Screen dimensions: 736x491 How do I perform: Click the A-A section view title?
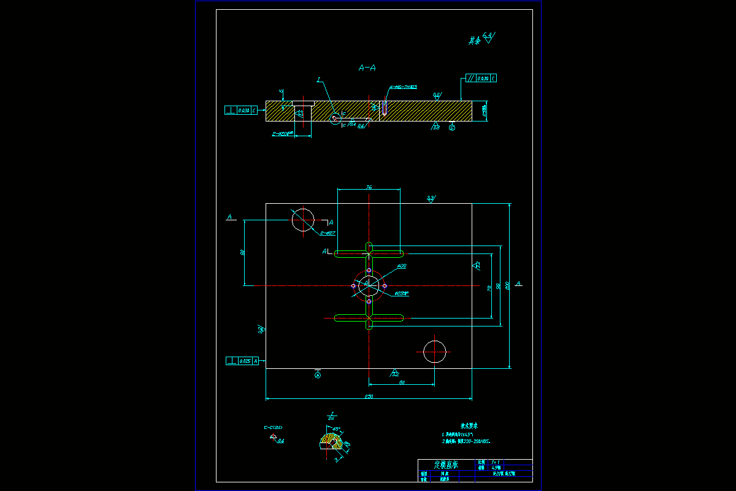(367, 68)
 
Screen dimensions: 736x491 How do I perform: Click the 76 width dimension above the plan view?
(369, 187)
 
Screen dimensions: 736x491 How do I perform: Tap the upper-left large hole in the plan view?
(302, 220)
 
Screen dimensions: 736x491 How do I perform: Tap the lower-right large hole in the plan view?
(435, 352)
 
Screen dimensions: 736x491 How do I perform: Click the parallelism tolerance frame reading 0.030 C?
(481, 78)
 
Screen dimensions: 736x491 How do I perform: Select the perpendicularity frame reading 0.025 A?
(243, 361)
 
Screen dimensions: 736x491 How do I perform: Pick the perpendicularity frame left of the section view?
(241, 110)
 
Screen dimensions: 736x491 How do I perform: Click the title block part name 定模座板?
(447, 465)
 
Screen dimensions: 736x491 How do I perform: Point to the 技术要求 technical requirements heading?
(469, 425)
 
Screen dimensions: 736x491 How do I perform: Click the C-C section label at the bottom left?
(273, 427)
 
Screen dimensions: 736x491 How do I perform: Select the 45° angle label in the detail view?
(336, 429)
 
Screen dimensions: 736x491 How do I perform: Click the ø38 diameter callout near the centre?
(402, 266)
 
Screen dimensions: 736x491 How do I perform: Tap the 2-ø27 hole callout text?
(327, 233)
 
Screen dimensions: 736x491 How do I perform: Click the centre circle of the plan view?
(369, 285)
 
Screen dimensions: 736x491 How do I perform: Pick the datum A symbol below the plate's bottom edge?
(318, 375)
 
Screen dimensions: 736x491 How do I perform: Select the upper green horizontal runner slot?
(369, 253)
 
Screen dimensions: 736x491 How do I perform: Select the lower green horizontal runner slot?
(369, 317)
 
